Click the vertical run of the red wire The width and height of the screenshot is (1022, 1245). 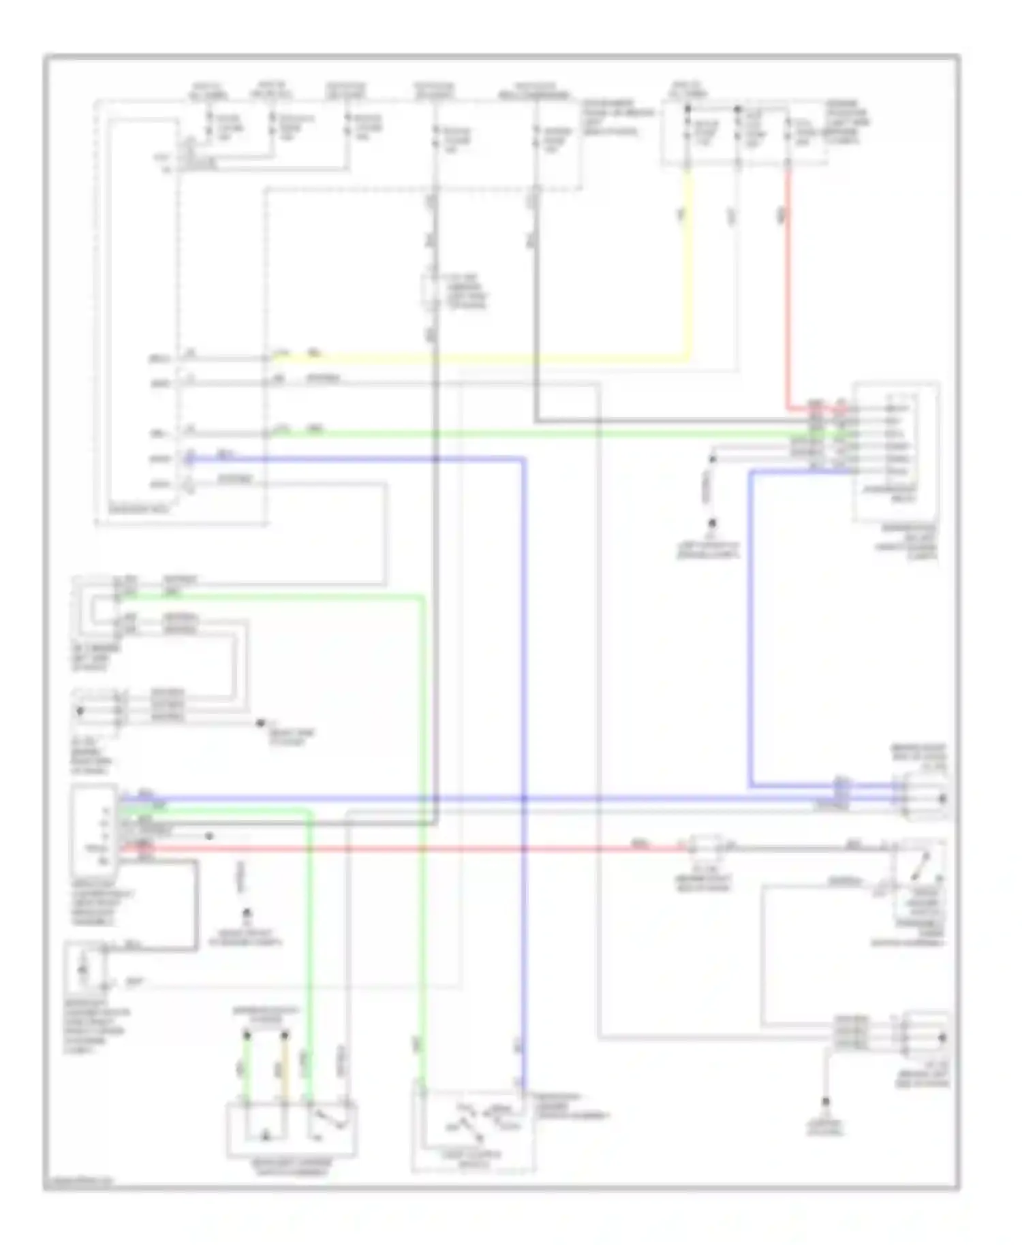click(788, 286)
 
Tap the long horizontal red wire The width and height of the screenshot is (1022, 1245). click(409, 849)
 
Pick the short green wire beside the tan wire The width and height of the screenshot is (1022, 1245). click(247, 1069)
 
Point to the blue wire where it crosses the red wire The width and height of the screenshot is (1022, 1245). click(524, 849)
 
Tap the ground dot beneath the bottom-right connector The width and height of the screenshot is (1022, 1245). click(825, 1101)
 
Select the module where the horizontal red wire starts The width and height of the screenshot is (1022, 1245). click(95, 825)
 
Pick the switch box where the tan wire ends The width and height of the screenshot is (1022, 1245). click(291, 1129)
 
